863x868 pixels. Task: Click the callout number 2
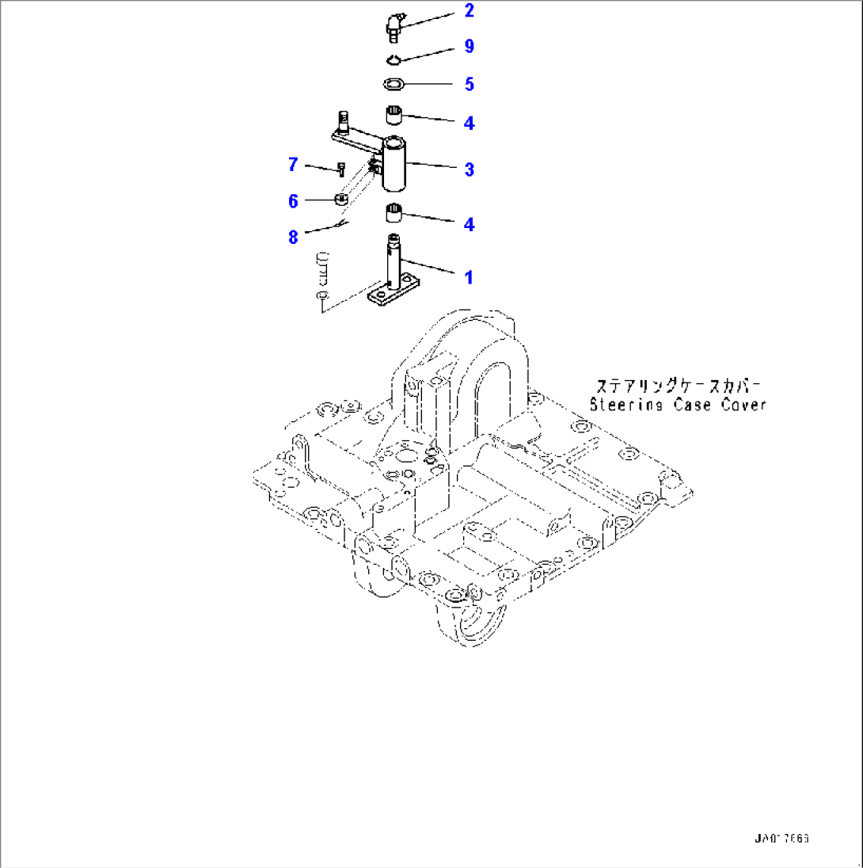(469, 10)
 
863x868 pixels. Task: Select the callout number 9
(469, 47)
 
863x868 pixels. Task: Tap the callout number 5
(469, 83)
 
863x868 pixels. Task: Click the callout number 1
(469, 277)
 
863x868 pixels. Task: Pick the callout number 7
(293, 165)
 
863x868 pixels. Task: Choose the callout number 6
(293, 201)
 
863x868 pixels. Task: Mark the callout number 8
(293, 235)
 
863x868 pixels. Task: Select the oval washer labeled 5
(393, 83)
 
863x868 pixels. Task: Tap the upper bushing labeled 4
(396, 115)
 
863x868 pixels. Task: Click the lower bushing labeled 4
(395, 215)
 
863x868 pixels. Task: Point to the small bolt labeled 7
(340, 168)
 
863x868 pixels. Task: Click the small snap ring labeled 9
(394, 59)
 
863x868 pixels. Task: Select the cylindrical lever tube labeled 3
(394, 164)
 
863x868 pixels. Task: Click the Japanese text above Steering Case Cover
(678, 386)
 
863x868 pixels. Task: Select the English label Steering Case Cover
(678, 405)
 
